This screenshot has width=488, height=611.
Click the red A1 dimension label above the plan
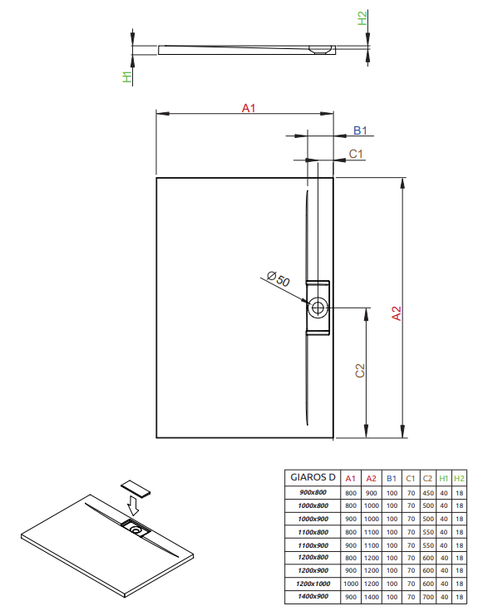[x=249, y=108]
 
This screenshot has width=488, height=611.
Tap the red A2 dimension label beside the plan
[x=396, y=313]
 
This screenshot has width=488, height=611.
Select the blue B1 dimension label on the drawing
[x=360, y=131]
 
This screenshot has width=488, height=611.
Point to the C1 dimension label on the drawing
[x=356, y=154]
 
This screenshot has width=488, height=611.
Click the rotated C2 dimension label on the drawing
[x=360, y=371]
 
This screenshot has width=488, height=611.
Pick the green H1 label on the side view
[x=127, y=76]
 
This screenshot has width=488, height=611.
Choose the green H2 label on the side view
[x=362, y=18]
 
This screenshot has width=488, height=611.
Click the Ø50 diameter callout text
[x=279, y=278]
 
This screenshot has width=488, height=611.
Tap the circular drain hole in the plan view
[x=318, y=308]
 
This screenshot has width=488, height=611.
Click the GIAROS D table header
[x=313, y=477]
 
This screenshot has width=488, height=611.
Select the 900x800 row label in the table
[x=313, y=492]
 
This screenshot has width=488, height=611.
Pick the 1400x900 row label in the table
[x=313, y=597]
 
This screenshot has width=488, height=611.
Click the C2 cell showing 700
[x=428, y=597]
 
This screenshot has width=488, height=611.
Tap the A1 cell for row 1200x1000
[x=351, y=584]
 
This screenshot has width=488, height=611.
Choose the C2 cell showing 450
[x=428, y=493]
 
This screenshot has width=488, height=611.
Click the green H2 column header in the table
[x=459, y=478]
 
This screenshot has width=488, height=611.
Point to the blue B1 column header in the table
[x=392, y=478]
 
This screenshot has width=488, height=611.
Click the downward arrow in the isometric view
[x=133, y=505]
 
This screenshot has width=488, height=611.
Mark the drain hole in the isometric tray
[x=136, y=530]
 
